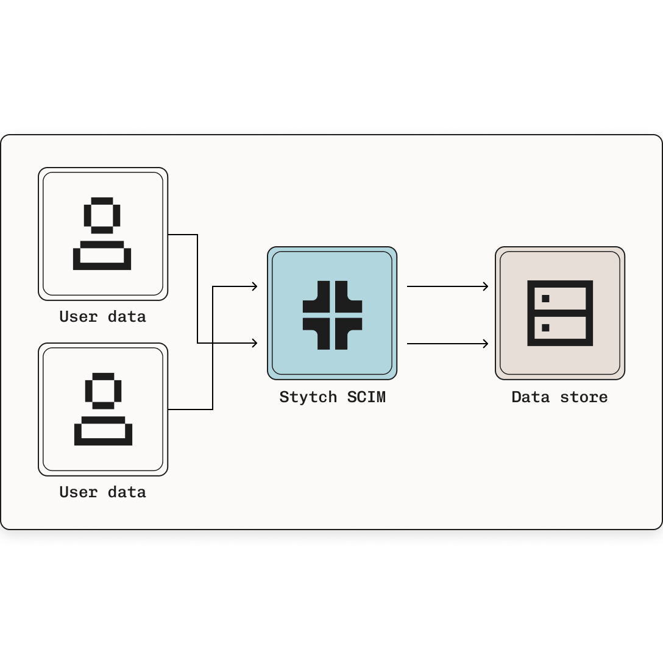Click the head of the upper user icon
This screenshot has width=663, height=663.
tap(102, 215)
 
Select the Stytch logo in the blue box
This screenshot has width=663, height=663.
tap(332, 315)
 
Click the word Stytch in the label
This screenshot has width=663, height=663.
tap(308, 397)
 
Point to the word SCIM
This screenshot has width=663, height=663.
tap(366, 397)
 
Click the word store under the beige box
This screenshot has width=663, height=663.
tap(584, 397)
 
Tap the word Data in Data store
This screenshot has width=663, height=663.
tap(530, 397)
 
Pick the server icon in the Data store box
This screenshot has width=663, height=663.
tap(560, 313)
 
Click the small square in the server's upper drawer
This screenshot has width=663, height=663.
tap(545, 299)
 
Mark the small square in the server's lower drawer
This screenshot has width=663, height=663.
tap(545, 328)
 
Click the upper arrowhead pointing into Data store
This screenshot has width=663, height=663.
tap(486, 286)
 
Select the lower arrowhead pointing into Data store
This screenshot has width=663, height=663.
tap(486, 344)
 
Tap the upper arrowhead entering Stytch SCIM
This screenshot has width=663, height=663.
tap(255, 286)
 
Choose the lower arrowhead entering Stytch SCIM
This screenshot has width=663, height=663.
tap(255, 344)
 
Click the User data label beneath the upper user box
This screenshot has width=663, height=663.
tap(102, 317)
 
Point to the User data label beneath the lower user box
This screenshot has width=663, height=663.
tap(102, 492)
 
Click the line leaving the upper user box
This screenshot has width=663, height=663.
tap(183, 235)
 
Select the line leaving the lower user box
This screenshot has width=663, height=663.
tap(189, 409)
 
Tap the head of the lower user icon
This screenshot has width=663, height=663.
tap(103, 391)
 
